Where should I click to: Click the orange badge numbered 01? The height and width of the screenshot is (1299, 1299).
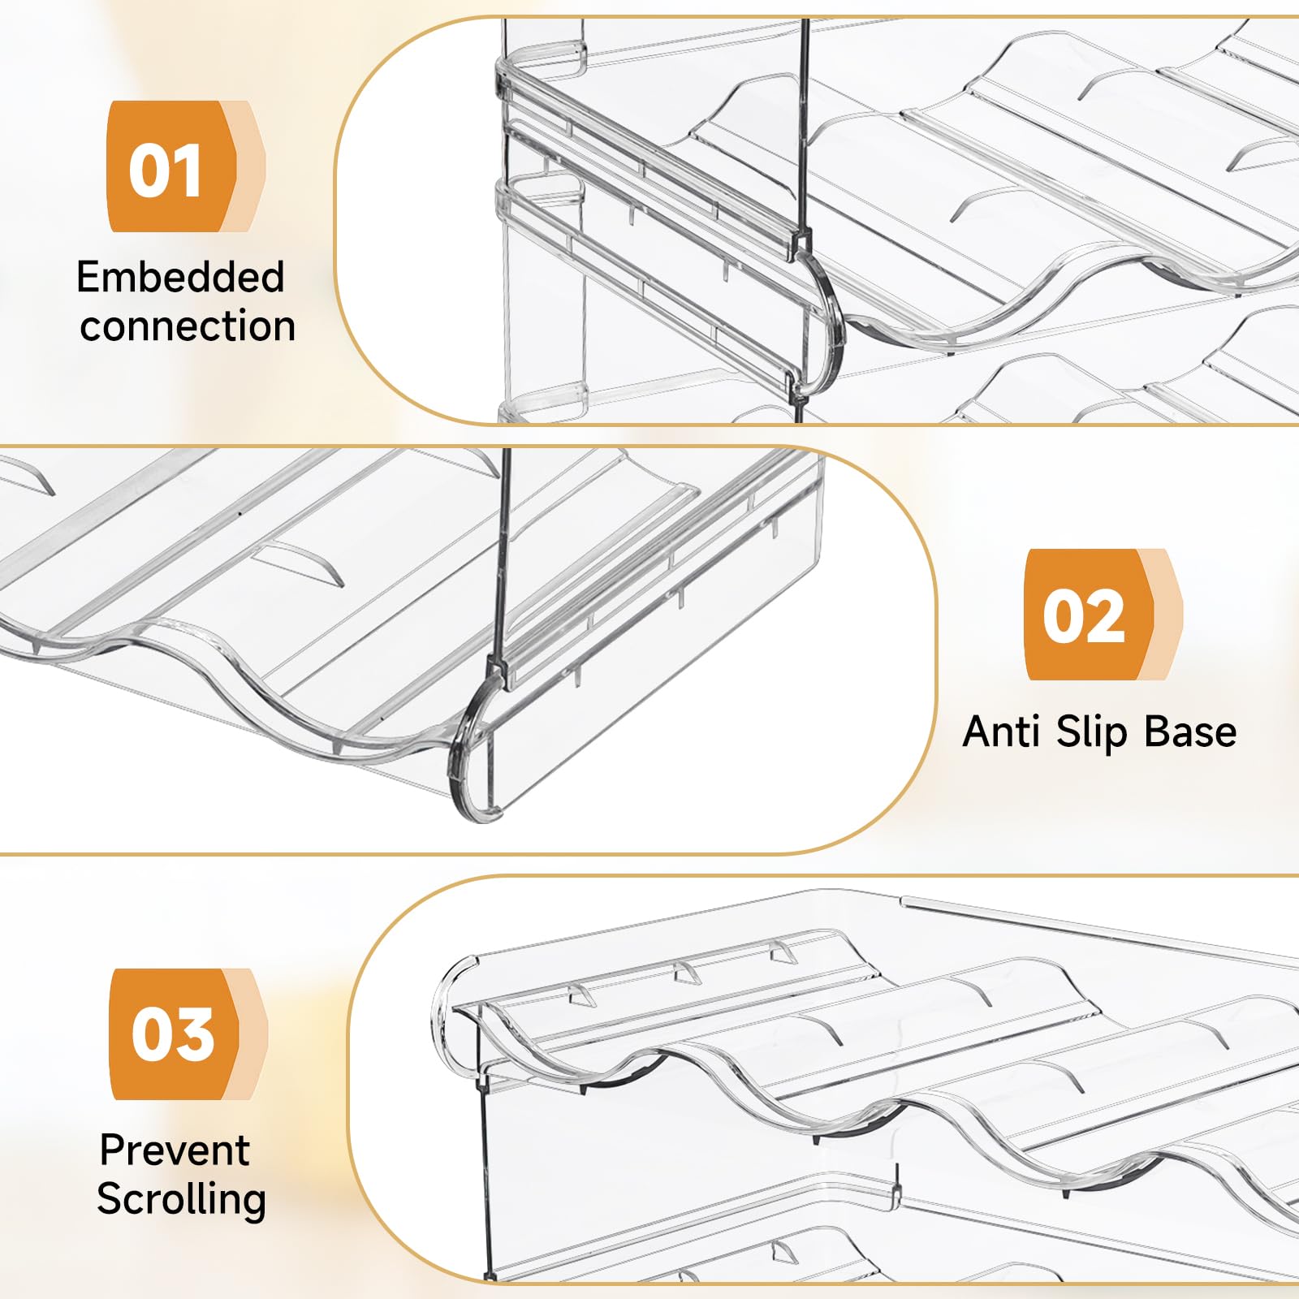(x=185, y=166)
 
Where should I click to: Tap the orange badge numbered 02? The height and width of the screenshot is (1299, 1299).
(x=1103, y=615)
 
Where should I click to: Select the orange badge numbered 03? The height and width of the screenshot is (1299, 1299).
(x=188, y=1034)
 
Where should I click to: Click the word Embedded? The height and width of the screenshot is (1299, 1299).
(x=180, y=278)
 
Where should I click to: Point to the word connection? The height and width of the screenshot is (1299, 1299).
(x=188, y=326)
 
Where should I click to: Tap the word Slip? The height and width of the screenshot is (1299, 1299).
(x=1092, y=732)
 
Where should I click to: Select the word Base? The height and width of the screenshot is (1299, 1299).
(x=1190, y=731)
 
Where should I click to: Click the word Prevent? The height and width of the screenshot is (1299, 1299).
(x=175, y=1150)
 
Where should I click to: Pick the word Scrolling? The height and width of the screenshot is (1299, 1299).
(x=182, y=1200)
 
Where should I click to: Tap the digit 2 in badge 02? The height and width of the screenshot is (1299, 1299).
(x=1107, y=616)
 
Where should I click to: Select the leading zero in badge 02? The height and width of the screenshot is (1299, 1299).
(x=1064, y=616)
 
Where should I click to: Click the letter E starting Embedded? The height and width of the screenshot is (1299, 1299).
(x=88, y=278)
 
